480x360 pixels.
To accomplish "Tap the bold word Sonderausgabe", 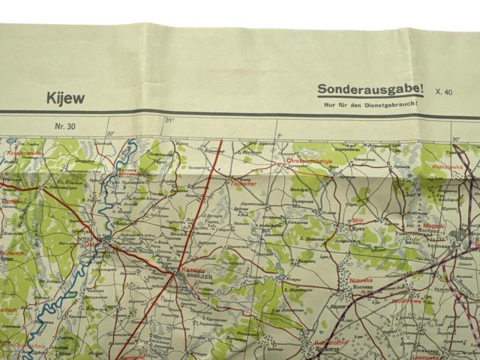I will pos(370,89).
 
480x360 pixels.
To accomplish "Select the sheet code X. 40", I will pos(445,91).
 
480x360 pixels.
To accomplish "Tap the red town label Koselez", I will pos(189,271).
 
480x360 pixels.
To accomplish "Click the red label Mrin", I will pos(359,221).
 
